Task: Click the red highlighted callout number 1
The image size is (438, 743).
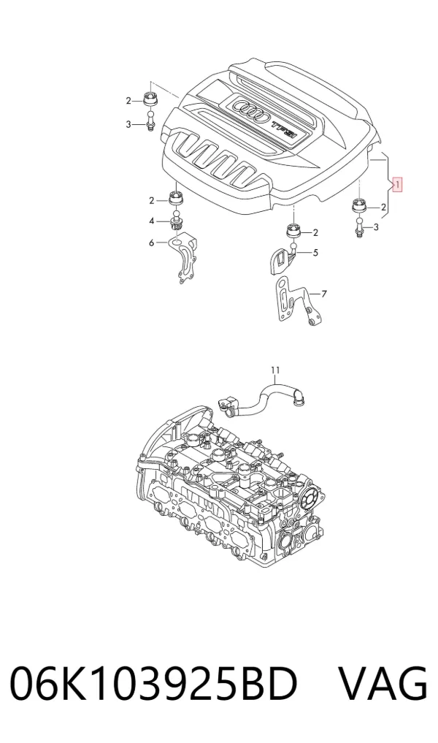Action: click(x=397, y=184)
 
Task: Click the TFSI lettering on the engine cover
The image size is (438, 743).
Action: click(x=284, y=129)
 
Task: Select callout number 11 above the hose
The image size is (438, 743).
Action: click(x=276, y=370)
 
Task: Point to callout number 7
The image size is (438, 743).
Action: click(x=324, y=294)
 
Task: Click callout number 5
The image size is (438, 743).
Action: click(x=315, y=253)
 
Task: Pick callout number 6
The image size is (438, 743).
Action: click(x=152, y=243)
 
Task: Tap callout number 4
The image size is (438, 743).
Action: click(x=152, y=221)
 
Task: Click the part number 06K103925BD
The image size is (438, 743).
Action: click(x=154, y=683)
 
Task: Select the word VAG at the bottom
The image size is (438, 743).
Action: click(x=383, y=683)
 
